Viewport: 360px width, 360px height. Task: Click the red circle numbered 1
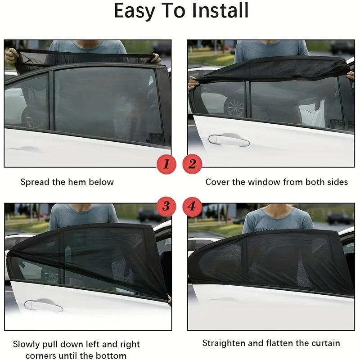click(x=166, y=164)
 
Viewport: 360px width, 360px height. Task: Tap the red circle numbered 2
click(x=192, y=164)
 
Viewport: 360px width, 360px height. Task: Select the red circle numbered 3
click(x=166, y=207)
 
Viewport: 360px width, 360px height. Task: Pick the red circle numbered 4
click(x=192, y=207)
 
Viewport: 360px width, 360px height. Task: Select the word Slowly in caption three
click(x=27, y=345)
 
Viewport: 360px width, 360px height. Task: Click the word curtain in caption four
click(x=325, y=343)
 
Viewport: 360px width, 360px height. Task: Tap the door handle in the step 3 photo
click(x=44, y=306)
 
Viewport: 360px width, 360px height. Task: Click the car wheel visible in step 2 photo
click(x=234, y=107)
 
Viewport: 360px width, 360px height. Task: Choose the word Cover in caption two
click(x=217, y=182)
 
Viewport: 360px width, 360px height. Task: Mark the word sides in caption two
click(x=337, y=182)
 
